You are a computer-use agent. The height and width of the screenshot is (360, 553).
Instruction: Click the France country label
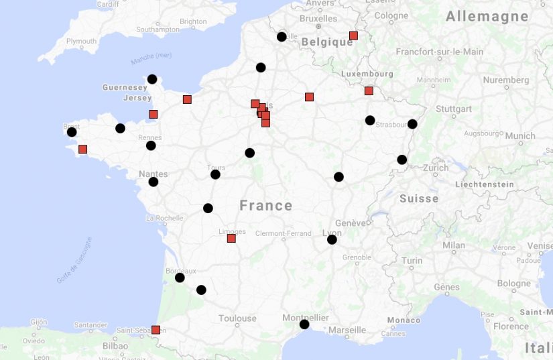[x=265, y=205]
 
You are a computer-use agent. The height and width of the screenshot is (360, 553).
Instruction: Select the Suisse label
[x=419, y=198]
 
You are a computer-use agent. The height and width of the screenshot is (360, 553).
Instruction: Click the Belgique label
[x=327, y=42]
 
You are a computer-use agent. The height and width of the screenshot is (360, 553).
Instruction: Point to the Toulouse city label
[x=237, y=318]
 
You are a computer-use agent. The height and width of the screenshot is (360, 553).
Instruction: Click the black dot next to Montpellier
[x=304, y=324]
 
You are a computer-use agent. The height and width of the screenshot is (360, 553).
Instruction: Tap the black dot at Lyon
[x=332, y=239]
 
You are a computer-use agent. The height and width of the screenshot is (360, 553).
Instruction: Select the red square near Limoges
[x=232, y=238]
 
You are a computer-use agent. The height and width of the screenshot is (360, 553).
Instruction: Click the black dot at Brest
[x=72, y=132]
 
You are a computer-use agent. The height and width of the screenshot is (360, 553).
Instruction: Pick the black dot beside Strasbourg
[x=412, y=124]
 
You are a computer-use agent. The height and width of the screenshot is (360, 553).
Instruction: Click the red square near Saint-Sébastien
[x=156, y=330]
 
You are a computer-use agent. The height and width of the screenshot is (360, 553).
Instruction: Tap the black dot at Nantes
[x=153, y=182]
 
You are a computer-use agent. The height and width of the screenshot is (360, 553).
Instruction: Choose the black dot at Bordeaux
[x=180, y=278]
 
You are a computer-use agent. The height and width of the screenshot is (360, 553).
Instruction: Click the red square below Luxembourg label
[x=369, y=91]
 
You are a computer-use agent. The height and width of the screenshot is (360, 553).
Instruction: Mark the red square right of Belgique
[x=353, y=36]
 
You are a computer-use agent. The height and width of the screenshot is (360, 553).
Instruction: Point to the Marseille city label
[x=347, y=330]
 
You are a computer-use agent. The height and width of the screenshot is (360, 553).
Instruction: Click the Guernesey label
[x=125, y=87]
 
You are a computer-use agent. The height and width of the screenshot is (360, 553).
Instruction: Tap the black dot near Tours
[x=215, y=174]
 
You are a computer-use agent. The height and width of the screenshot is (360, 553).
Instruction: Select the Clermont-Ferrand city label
[x=284, y=233]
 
